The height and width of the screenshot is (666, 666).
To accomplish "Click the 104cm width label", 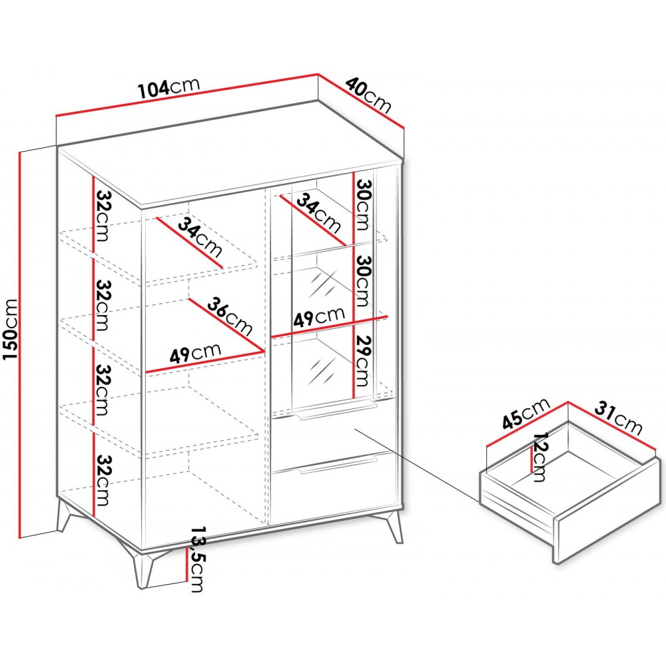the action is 169,87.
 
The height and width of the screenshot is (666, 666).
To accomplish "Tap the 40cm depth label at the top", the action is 368,96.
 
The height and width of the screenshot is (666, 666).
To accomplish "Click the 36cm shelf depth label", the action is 230,316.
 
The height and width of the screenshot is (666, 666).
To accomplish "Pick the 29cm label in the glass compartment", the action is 363,361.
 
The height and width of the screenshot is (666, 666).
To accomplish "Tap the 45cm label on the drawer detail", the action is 526,414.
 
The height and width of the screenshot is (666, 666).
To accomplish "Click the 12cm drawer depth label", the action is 540,457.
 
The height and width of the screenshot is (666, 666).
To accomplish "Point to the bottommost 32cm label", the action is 103,480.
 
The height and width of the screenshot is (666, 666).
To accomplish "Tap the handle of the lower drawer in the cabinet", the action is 338,464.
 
